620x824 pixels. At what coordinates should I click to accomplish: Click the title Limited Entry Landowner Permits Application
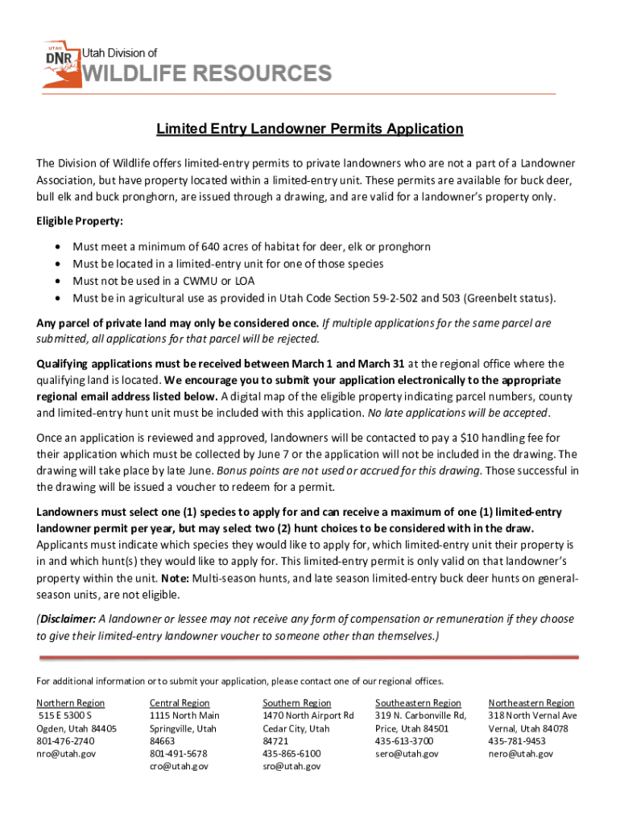(x=309, y=129)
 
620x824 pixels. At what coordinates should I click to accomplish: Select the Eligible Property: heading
(x=80, y=221)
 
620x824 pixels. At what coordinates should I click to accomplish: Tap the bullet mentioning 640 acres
(x=251, y=246)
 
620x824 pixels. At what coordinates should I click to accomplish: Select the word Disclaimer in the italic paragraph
(x=68, y=619)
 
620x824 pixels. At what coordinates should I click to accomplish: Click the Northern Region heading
(x=71, y=702)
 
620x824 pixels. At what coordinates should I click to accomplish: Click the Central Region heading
(x=180, y=702)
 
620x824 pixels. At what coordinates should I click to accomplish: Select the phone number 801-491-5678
(x=178, y=754)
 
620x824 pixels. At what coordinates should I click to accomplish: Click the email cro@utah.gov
(x=179, y=767)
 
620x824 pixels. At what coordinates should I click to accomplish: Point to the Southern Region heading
(x=296, y=702)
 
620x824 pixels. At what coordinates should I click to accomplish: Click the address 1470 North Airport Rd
(x=308, y=715)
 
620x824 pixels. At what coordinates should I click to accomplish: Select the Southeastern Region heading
(x=418, y=702)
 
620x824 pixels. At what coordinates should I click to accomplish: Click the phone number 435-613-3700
(x=404, y=741)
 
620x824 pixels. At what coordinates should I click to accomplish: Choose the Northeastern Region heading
(x=531, y=702)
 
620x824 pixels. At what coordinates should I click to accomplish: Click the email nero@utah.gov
(x=521, y=754)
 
